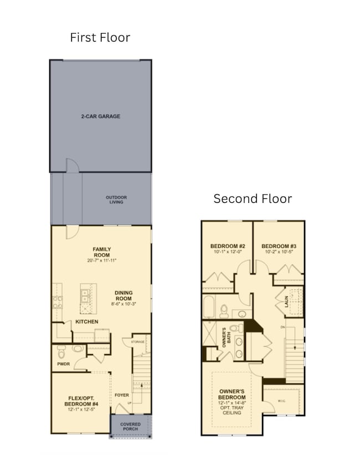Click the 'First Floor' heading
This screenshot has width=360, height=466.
pos(100,38)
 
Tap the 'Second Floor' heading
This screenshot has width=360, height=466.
pos(253,198)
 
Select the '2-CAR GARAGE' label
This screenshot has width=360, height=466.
pos(100,116)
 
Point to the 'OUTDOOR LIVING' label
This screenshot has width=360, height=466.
pos(116,199)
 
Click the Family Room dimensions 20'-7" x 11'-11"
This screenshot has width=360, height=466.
pos(101,260)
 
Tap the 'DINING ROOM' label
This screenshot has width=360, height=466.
pos(124,296)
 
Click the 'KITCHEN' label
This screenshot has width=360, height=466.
pos(87,322)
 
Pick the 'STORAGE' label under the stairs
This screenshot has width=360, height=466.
pos(137,342)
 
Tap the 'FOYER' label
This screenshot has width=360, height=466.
pos(122,395)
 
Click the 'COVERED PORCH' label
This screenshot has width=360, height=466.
pos(131,427)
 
